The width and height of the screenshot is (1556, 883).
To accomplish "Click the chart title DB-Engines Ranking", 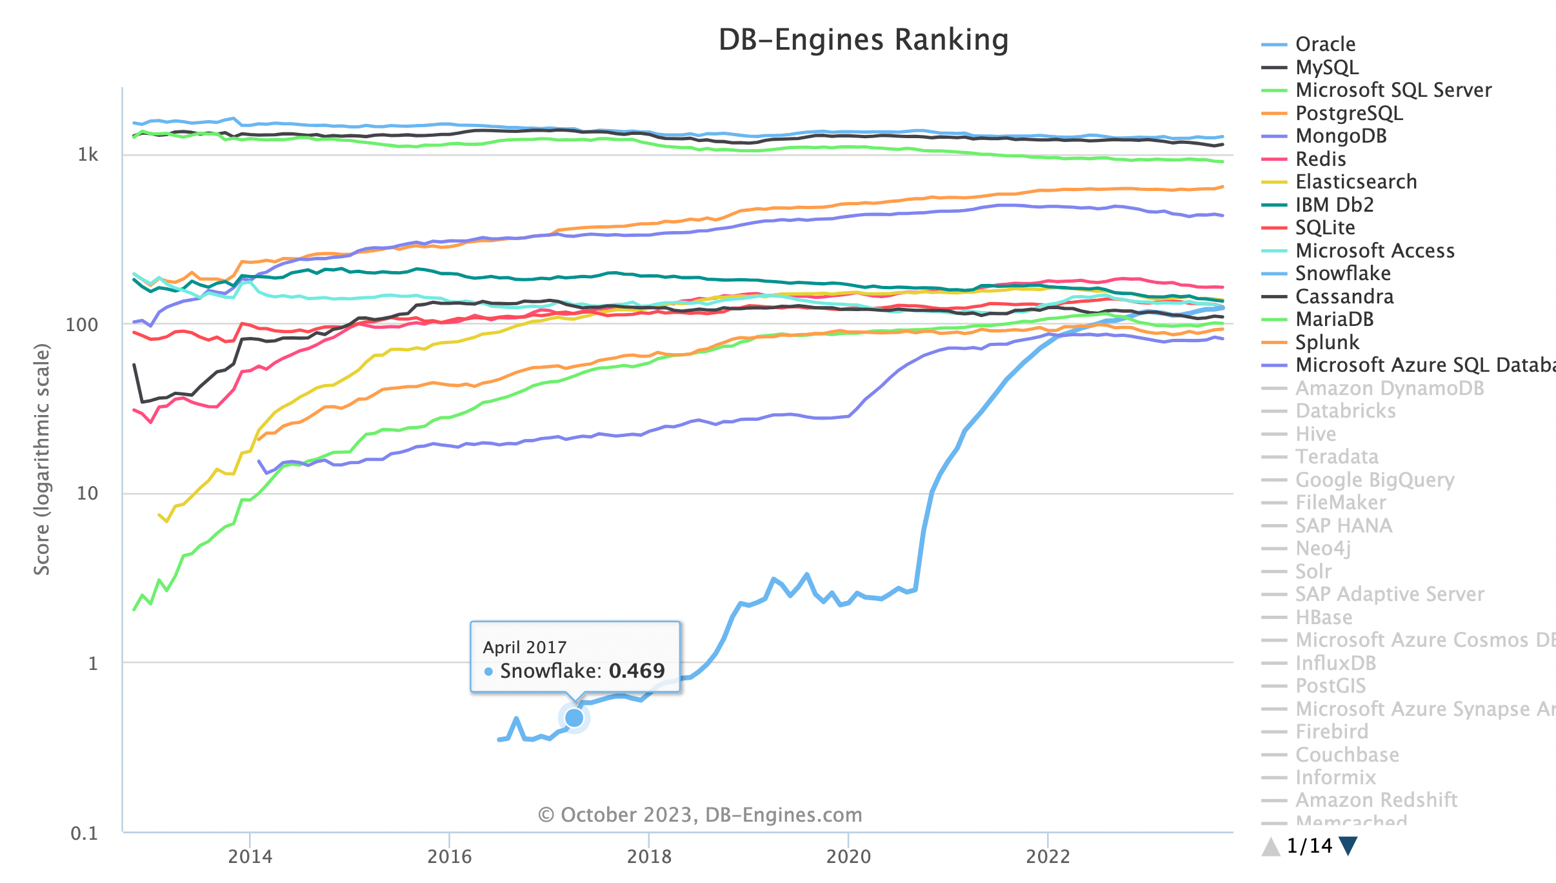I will (863, 40).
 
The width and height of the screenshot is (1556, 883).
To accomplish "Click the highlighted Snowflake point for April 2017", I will (574, 718).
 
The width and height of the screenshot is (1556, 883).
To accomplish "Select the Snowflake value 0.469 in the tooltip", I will (636, 671).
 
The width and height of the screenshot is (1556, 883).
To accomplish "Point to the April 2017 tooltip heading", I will (524, 647).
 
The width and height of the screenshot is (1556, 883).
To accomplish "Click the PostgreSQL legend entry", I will (1348, 114).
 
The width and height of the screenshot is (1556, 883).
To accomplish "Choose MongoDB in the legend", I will (1341, 136).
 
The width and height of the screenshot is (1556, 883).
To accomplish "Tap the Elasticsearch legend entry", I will (1355, 182).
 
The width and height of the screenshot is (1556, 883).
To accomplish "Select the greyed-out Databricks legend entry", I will (1345, 411).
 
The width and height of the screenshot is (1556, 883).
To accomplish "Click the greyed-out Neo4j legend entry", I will (1322, 549).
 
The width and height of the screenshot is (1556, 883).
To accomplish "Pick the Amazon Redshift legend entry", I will (1376, 800).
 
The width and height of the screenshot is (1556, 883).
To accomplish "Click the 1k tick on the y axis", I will (88, 155).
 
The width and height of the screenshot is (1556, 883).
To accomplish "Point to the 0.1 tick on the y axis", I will (85, 833).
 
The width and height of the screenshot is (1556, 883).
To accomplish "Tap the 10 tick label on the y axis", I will (87, 494).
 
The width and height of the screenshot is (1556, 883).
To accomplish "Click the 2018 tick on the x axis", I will (649, 857).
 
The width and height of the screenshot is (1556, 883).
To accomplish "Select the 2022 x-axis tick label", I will (1048, 857).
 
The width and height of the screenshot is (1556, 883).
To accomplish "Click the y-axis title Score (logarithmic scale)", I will (42, 459).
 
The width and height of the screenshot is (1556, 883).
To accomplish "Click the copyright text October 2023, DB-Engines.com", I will (700, 815).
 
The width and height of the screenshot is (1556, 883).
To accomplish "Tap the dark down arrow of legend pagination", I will (1348, 846).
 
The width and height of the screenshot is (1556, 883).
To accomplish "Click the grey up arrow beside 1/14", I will (1271, 846).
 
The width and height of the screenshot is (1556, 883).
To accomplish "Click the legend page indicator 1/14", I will (1309, 846).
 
